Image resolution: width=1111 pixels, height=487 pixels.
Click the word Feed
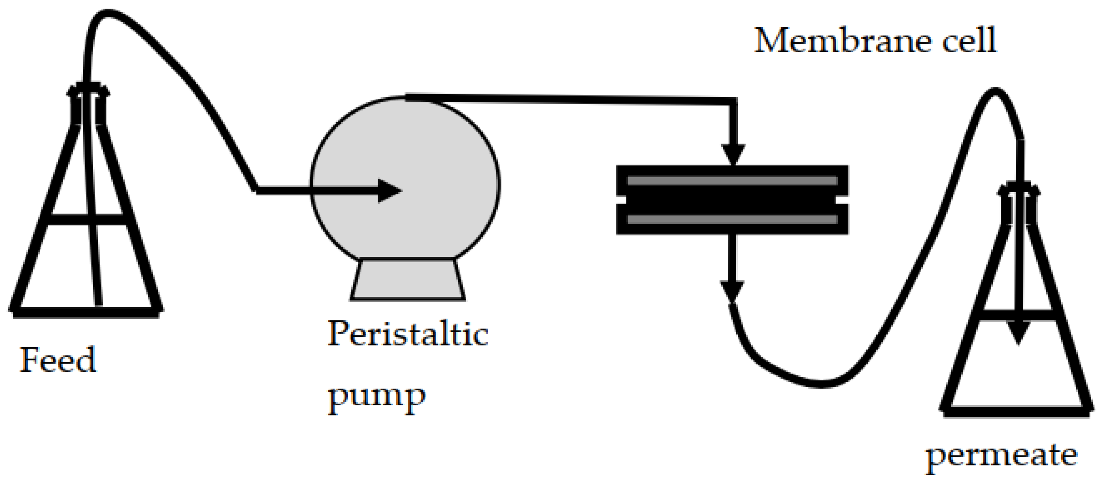coord(58,360)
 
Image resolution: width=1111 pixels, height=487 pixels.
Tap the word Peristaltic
coord(408,334)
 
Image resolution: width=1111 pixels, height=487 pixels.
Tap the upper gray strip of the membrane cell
coord(732,180)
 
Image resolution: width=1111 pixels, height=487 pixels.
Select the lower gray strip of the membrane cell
coord(732,219)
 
